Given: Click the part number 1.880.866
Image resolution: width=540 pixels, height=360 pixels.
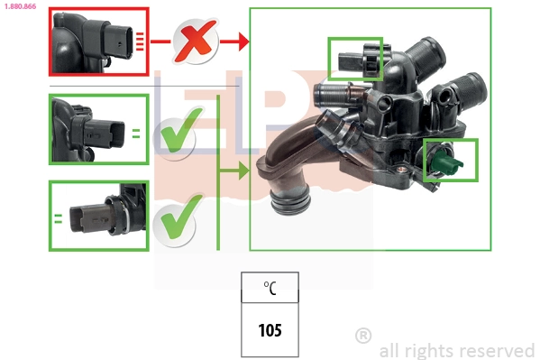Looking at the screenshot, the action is pyautogui.click(x=21, y=6).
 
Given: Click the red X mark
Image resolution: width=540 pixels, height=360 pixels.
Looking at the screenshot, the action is pyautogui.click(x=196, y=41).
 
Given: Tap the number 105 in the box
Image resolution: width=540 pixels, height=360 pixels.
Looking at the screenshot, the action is pyautogui.click(x=270, y=330).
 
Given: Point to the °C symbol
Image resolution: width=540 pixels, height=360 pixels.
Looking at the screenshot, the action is pyautogui.click(x=270, y=288).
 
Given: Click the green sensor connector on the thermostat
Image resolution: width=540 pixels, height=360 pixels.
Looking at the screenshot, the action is pyautogui.click(x=444, y=162).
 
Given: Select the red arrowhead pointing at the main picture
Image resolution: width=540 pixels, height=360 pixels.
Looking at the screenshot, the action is pyautogui.click(x=243, y=42).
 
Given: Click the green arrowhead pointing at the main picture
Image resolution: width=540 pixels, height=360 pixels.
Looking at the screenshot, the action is pyautogui.click(x=243, y=171).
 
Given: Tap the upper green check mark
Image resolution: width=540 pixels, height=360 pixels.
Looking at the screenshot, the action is pyautogui.click(x=181, y=130).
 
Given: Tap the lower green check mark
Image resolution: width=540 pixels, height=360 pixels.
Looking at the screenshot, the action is pyautogui.click(x=181, y=217).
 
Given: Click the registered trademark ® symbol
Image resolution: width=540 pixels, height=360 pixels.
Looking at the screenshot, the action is pyautogui.click(x=363, y=336).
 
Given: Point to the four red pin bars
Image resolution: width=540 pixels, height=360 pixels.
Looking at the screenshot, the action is pyautogui.click(x=140, y=42).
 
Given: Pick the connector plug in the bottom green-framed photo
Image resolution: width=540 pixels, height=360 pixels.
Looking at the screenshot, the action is pyautogui.click(x=90, y=218).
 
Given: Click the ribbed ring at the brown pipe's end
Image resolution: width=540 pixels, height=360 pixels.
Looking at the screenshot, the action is pyautogui.click(x=289, y=202).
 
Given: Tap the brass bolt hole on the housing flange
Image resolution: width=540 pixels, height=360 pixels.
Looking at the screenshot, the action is pyautogui.click(x=401, y=170).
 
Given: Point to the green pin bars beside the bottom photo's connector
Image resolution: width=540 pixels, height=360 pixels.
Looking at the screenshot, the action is pyautogui.click(x=59, y=218).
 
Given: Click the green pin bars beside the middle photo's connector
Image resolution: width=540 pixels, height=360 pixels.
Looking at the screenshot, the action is pyautogui.click(x=136, y=134).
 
